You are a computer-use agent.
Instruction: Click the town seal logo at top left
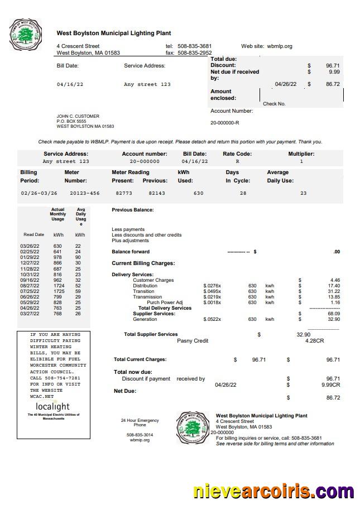tap(26, 34)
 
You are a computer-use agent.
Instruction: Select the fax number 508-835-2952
tap(194, 53)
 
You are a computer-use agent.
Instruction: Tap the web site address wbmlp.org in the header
tap(279, 46)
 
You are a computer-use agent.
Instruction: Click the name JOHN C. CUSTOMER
tap(78, 116)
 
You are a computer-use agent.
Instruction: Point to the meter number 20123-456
tap(85, 193)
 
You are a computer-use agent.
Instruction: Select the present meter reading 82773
tap(124, 193)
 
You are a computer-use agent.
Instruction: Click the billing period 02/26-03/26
tap(39, 193)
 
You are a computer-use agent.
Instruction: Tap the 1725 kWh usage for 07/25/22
tap(59, 291)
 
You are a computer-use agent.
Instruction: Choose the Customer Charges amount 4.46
tap(335, 280)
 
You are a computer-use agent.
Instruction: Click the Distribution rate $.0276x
tap(212, 286)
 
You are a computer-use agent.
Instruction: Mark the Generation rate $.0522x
tap(212, 319)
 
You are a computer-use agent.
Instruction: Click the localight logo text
tap(53, 406)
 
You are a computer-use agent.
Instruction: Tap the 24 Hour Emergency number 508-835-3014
tap(140, 435)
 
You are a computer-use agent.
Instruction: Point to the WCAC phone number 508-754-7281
tap(55, 378)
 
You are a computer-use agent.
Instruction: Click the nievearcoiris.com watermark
tap(273, 492)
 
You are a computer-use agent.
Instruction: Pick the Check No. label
tap(274, 104)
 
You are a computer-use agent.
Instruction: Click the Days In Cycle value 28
tap(243, 193)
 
